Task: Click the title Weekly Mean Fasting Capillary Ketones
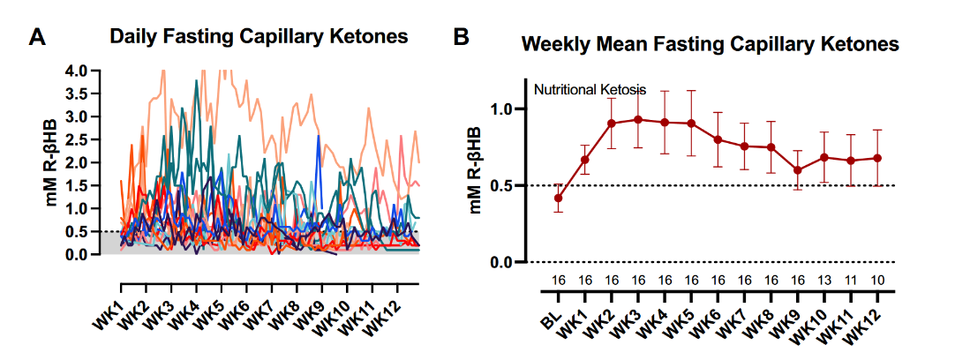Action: pyautogui.click(x=709, y=42)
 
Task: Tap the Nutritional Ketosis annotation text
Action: pyautogui.click(x=590, y=90)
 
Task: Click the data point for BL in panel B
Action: pyautogui.click(x=558, y=198)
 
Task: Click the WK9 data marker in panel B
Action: pyautogui.click(x=798, y=170)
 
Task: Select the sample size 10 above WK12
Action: pyautogui.click(x=877, y=281)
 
